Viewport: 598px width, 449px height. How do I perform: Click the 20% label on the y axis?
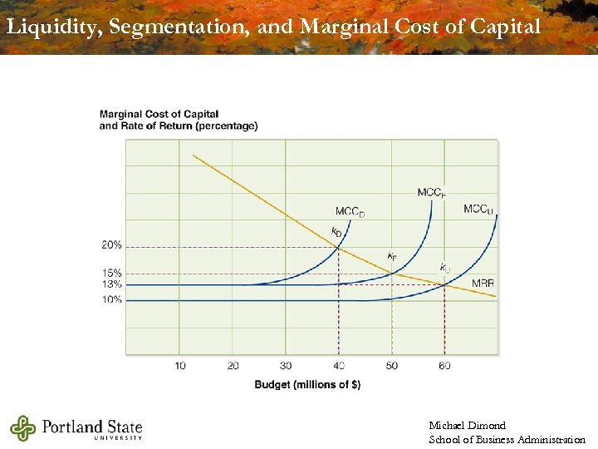(x=112, y=245)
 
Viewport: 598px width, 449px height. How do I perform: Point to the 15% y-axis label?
(x=112, y=273)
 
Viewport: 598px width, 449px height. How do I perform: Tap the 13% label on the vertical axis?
(x=112, y=284)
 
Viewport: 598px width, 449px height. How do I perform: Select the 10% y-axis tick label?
(x=112, y=299)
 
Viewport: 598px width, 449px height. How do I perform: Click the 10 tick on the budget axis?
(x=180, y=366)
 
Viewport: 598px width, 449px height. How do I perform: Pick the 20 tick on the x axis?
(x=233, y=366)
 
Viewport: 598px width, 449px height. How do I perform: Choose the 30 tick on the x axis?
(x=286, y=366)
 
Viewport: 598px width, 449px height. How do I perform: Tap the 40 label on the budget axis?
(x=339, y=366)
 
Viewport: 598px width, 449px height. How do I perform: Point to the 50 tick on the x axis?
(x=392, y=366)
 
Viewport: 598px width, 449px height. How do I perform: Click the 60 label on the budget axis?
(x=445, y=366)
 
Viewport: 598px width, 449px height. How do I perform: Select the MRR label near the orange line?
(x=483, y=284)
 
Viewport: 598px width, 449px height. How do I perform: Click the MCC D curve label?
(x=350, y=212)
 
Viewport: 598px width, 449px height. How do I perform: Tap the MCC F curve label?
(x=431, y=193)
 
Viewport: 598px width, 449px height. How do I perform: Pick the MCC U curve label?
(x=478, y=210)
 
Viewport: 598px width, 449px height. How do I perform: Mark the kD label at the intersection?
(x=336, y=231)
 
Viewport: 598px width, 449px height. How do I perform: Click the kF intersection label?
(x=391, y=256)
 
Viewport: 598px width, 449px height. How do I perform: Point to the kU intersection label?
(x=445, y=268)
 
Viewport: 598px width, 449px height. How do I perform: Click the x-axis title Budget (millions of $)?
(x=307, y=384)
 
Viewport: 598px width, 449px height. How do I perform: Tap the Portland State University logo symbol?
(x=23, y=427)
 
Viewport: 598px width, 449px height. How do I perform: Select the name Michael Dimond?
(x=467, y=426)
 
